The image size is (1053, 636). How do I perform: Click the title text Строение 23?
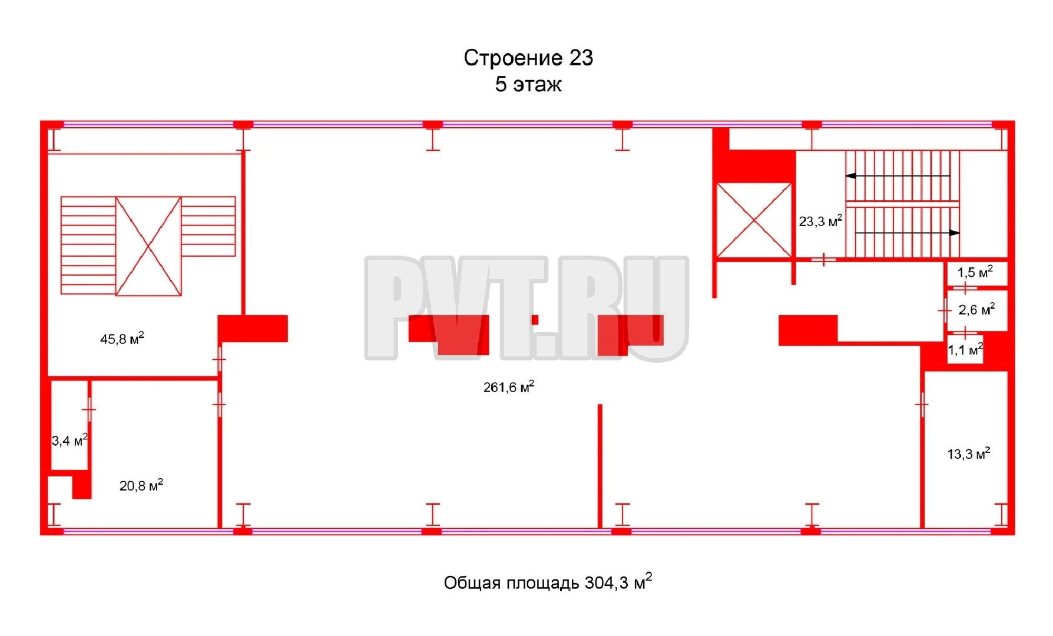[x=528, y=58]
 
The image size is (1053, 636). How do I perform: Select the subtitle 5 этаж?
[x=528, y=84]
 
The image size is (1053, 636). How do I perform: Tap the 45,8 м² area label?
[x=122, y=339]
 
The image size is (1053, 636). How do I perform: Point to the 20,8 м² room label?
[x=141, y=485]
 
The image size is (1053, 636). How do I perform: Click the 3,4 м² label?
[x=69, y=440]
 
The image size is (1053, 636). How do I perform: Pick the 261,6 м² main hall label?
[x=509, y=386]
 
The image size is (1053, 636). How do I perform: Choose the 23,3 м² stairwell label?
[x=820, y=221]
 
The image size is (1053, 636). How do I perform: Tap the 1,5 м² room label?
[x=975, y=272]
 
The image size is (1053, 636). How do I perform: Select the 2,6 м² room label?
[x=977, y=309]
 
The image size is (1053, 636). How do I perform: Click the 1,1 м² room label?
[x=965, y=350]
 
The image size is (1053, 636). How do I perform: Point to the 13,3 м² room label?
[x=969, y=453]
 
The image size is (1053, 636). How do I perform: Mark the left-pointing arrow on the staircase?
[x=898, y=175]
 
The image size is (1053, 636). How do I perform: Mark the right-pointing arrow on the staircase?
[x=907, y=233]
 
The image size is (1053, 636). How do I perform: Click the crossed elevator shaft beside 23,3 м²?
[x=754, y=220]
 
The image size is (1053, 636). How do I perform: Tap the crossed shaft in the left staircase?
[x=148, y=246]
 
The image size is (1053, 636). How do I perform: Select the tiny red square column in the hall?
[x=535, y=320]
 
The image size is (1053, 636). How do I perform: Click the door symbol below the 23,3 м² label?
[x=823, y=259]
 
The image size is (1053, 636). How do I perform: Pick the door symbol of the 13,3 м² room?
[x=922, y=405]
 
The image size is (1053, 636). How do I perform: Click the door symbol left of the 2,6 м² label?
[x=945, y=310]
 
